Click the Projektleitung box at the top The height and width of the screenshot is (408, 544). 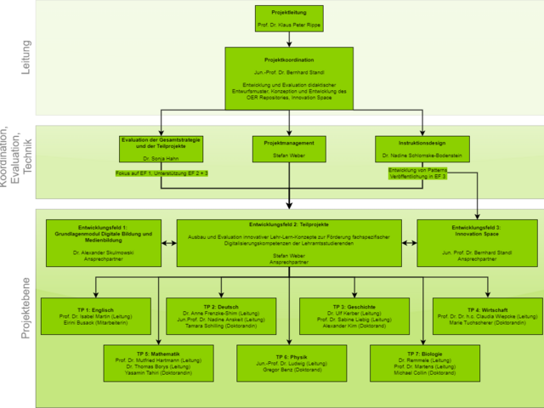point(288,19)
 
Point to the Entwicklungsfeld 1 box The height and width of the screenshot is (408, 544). point(103,242)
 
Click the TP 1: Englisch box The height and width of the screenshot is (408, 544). point(96,315)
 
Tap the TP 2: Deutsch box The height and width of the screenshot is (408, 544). point(222,316)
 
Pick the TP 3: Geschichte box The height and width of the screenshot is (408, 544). point(348,316)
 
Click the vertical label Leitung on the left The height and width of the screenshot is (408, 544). point(25,56)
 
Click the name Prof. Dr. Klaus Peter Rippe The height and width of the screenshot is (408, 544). point(288,25)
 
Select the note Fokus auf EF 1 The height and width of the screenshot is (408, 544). point(162,173)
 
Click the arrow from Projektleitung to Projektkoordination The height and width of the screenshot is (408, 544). point(289,39)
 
